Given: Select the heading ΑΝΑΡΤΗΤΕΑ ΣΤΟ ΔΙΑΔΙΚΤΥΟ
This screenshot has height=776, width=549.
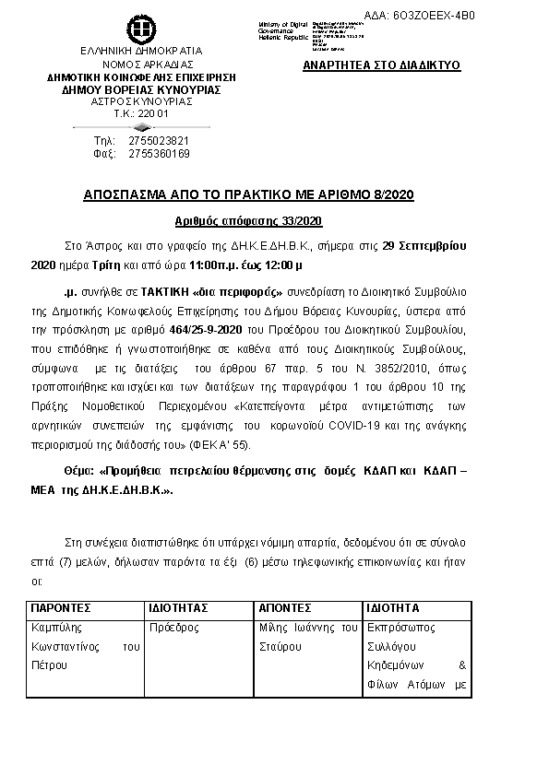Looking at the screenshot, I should [x=382, y=66].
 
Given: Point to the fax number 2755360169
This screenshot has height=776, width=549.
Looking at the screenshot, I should [x=159, y=153].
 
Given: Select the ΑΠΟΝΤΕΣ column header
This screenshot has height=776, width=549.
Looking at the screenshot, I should [x=285, y=609].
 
